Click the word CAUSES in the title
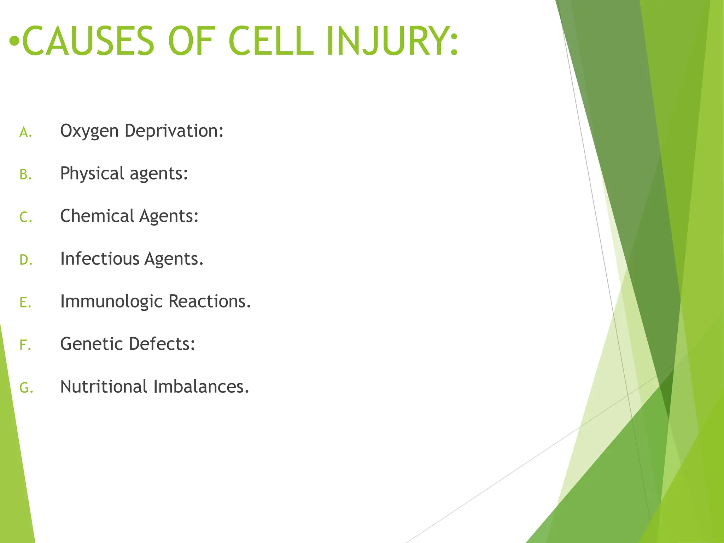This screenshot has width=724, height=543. (x=88, y=41)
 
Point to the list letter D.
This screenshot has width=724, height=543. (x=25, y=260)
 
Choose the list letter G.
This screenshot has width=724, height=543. (x=25, y=388)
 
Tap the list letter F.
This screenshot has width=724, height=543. (x=24, y=345)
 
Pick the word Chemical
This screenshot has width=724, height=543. (x=97, y=216)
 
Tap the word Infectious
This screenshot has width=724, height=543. (x=100, y=259)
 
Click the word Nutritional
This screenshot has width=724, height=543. (x=104, y=387)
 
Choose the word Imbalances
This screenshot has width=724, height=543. (x=200, y=387)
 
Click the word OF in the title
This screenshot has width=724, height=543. (x=191, y=41)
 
